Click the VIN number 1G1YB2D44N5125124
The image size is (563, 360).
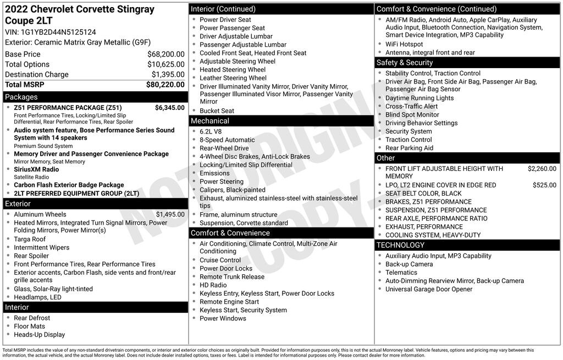[x=58, y=32]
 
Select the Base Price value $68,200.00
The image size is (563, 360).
[x=165, y=54]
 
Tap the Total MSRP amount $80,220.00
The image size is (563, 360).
[x=165, y=85]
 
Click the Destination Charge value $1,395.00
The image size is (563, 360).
[x=168, y=75]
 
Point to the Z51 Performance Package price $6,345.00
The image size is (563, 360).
[x=169, y=108]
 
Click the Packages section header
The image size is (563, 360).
[x=21, y=97]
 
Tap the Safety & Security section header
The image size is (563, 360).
[x=405, y=63]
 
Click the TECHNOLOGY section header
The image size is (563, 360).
[x=400, y=245]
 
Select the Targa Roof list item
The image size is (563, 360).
[x=30, y=239]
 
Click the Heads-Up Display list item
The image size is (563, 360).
[x=39, y=335]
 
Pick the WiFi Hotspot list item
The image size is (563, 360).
[x=404, y=44]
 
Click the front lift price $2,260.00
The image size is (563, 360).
[x=542, y=169]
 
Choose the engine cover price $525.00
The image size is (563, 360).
[x=544, y=185]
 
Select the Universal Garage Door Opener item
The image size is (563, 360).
[x=428, y=289]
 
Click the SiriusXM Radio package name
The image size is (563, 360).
[x=36, y=170]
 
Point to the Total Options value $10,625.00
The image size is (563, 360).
[x=165, y=65]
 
